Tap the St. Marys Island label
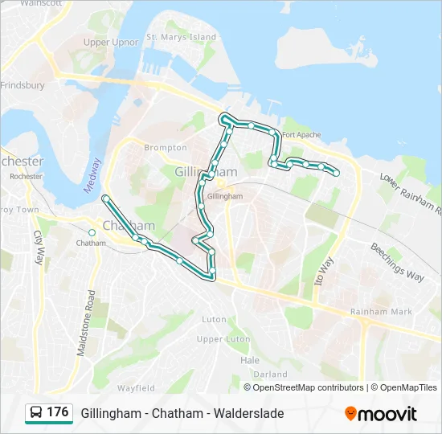pyautogui.click(x=181, y=37)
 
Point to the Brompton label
pyautogui.click(x=165, y=148)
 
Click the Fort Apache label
pyautogui.click(x=302, y=135)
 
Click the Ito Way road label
pyautogui.click(x=325, y=272)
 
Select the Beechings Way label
pyautogui.click(x=397, y=262)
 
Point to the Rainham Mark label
pyautogui.click(x=381, y=312)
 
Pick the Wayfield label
pyautogui.click(x=136, y=388)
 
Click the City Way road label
pyautogui.click(x=37, y=248)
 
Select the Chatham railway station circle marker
pyautogui.click(x=92, y=232)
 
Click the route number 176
pyautogui.click(x=58, y=412)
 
